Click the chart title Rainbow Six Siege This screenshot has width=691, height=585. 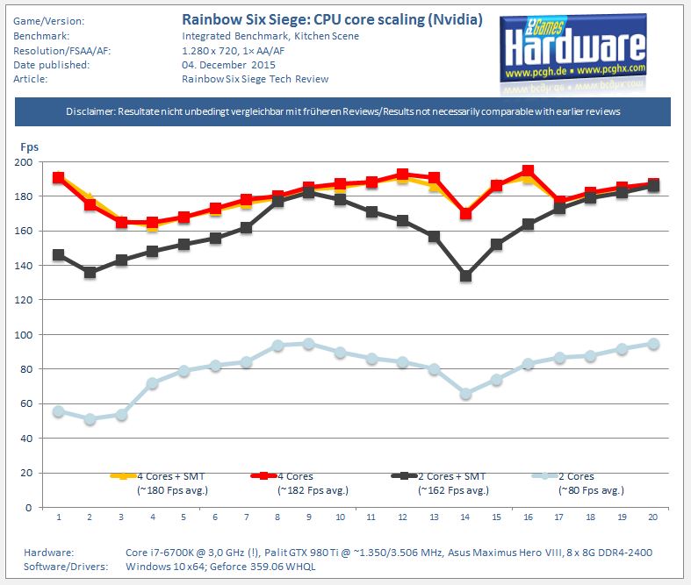[332, 19]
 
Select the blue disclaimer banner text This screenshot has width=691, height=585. [343, 111]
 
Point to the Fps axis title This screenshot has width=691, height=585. [27, 147]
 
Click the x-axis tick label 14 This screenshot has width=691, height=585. [465, 517]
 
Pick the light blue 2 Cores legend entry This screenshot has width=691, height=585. [579, 476]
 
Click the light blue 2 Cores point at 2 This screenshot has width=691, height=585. [90, 419]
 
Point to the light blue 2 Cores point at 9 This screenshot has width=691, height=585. [308, 343]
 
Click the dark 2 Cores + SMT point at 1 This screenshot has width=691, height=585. [58, 254]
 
